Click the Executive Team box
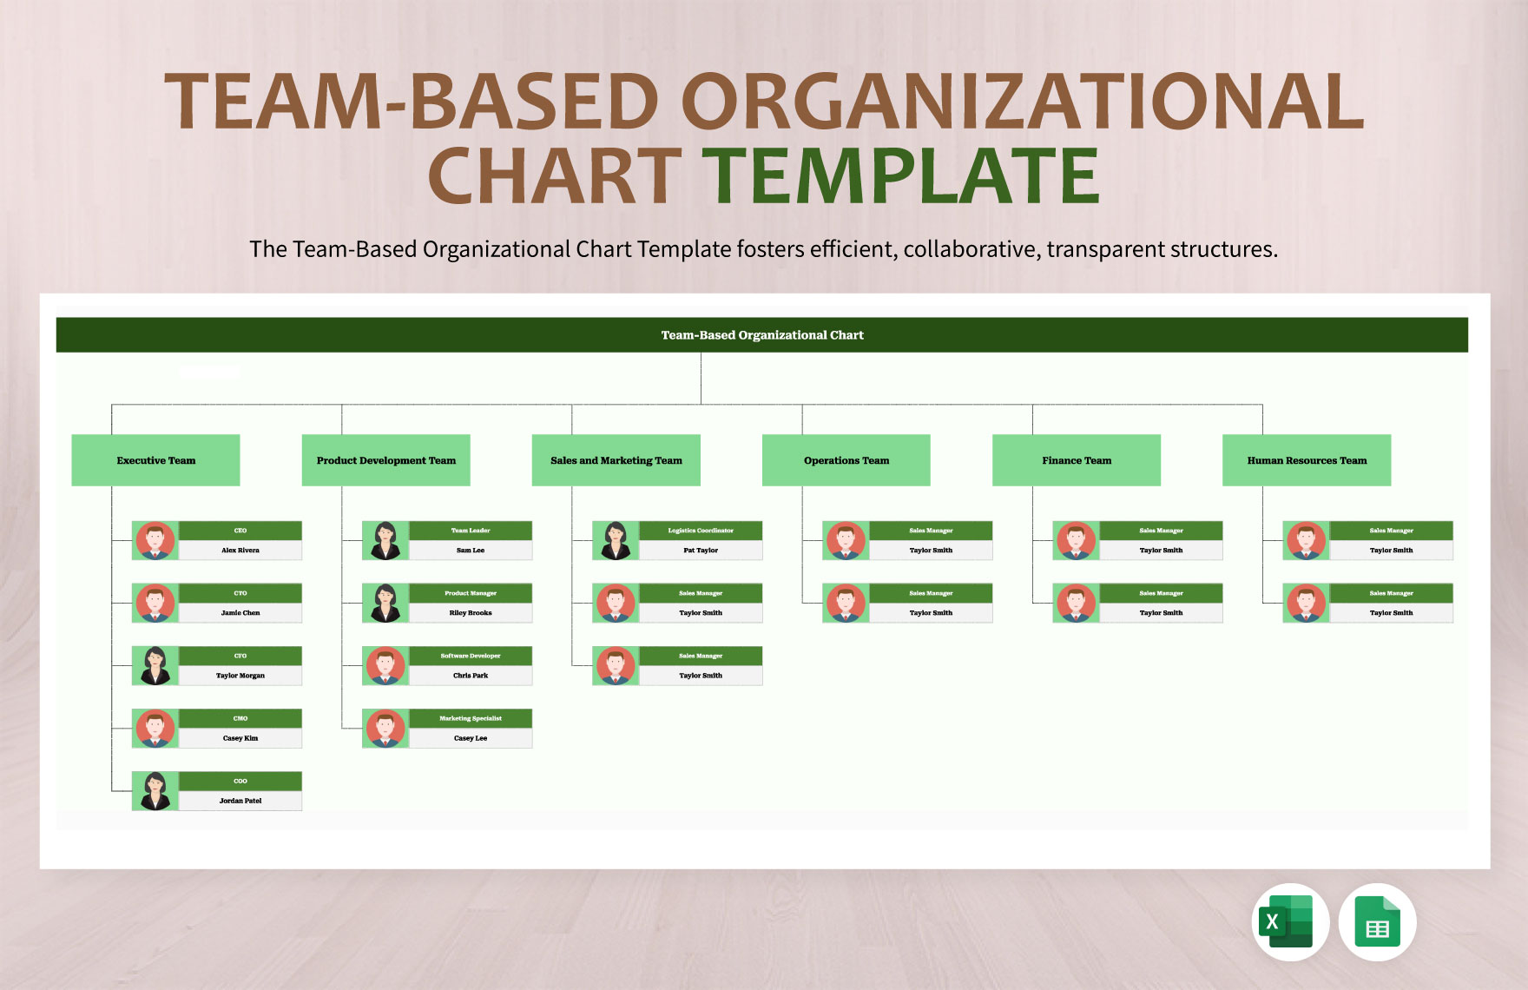pos(155,460)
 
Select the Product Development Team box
pos(385,460)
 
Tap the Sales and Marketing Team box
pos(616,460)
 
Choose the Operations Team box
pos(846,460)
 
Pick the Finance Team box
pos(1076,460)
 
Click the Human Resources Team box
pos(1306,460)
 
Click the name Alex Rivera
pos(240,551)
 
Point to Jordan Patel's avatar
pos(155,791)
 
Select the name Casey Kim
pos(240,738)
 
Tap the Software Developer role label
pos(471,656)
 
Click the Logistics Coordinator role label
pos(701,531)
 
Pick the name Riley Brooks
pos(471,613)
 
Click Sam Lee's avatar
pos(385,540)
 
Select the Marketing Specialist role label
pos(471,718)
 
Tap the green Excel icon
pos(1289,922)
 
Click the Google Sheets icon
pos(1377,922)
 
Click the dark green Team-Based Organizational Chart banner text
pos(762,335)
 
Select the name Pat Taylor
pos(701,551)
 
